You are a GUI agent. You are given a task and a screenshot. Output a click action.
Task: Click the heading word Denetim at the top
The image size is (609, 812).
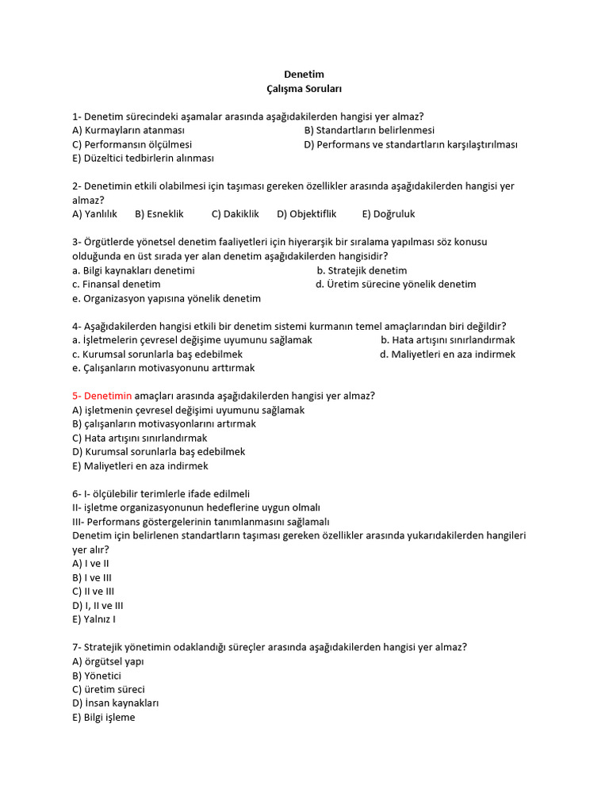tap(304, 75)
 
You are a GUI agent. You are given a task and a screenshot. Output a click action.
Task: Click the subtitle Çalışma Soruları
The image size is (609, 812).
tap(304, 89)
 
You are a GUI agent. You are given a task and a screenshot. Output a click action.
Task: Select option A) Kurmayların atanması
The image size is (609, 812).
tap(128, 130)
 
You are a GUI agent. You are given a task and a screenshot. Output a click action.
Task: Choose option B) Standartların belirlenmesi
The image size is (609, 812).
tap(369, 130)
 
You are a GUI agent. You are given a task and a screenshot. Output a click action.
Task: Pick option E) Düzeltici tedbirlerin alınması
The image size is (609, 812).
tap(143, 158)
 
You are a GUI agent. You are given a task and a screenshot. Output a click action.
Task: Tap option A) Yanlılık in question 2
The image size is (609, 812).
tap(94, 214)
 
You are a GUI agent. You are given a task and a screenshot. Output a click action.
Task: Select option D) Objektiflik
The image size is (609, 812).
tap(307, 214)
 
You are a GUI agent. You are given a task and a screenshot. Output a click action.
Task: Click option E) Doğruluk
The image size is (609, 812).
tap(389, 214)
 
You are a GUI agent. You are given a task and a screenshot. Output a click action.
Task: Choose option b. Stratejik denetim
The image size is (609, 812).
tap(362, 270)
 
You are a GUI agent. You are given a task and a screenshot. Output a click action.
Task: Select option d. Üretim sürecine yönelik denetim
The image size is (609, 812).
tap(396, 284)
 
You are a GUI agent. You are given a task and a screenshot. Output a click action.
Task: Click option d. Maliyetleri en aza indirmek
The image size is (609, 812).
tap(447, 354)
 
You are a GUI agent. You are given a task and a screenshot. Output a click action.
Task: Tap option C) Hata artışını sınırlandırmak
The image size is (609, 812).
tap(140, 438)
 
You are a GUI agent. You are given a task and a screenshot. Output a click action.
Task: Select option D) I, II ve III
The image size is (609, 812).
tap(98, 605)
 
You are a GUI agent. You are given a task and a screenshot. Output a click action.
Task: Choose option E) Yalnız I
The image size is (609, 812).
tap(94, 619)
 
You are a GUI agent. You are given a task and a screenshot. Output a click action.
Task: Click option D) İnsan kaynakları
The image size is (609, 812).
tap(116, 703)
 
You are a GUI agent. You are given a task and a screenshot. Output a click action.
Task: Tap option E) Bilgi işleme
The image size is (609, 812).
tap(104, 718)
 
